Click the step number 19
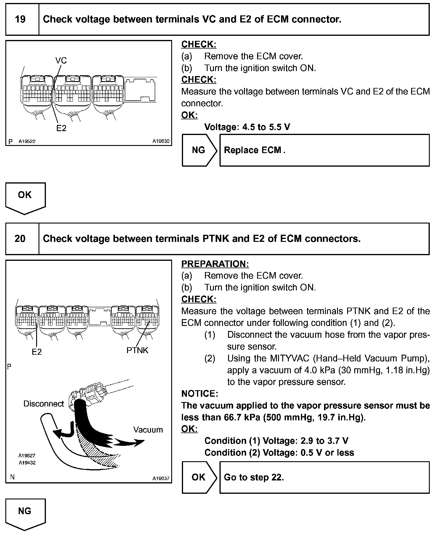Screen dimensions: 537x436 click(20, 20)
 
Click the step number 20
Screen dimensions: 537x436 click(20, 239)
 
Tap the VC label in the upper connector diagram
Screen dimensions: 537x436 click(61, 61)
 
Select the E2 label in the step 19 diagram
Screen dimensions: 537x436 click(61, 128)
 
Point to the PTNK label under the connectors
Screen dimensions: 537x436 click(137, 351)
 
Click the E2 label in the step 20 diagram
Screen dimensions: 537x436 click(37, 352)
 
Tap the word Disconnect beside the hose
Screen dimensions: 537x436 click(44, 404)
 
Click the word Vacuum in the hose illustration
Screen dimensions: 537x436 click(148, 430)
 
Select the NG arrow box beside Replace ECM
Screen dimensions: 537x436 click(199, 150)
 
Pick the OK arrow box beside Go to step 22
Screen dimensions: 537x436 click(199, 477)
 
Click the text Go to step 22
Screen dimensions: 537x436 click(254, 477)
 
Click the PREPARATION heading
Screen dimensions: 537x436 click(215, 264)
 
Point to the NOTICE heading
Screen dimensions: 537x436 click(200, 394)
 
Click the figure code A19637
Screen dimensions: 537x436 click(161, 478)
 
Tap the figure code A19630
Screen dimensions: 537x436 click(161, 142)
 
